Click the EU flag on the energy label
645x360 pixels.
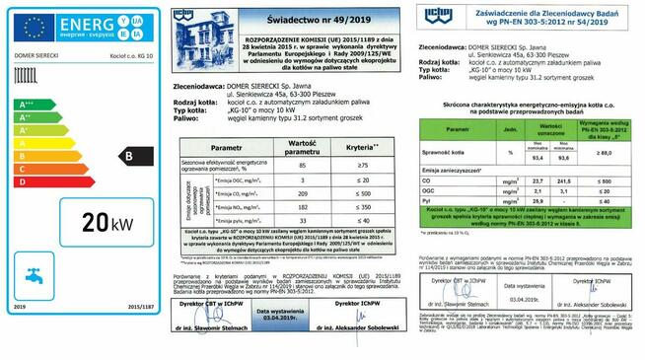point(33,27)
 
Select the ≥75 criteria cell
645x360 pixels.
point(362,166)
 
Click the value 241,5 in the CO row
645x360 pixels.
point(563,182)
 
